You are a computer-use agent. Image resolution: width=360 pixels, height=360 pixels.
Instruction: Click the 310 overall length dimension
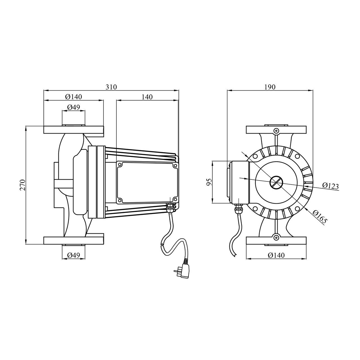click(x=111, y=87)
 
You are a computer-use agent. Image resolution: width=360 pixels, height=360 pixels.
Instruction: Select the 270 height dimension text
click(x=23, y=185)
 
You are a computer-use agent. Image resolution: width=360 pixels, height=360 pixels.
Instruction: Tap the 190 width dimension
click(x=270, y=87)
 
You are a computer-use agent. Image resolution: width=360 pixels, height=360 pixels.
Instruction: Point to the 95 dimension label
click(x=209, y=182)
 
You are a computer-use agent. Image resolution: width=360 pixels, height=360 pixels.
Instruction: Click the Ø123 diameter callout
click(x=330, y=186)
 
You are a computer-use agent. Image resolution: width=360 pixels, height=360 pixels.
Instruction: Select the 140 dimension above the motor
click(x=147, y=97)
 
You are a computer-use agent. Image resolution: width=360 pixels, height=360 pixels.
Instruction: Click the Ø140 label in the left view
click(x=74, y=97)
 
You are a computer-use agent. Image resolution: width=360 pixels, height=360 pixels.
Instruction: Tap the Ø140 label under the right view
click(x=276, y=255)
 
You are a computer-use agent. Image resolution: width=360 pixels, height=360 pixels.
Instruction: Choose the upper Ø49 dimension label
click(x=74, y=107)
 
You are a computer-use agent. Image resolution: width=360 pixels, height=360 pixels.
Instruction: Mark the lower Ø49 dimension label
click(x=74, y=255)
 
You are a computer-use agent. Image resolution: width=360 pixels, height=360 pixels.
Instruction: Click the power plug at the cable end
click(x=183, y=270)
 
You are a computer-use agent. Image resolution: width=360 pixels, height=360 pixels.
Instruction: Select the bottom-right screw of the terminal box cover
click(x=175, y=201)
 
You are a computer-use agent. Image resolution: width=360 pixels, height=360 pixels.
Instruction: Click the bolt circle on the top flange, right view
click(x=276, y=130)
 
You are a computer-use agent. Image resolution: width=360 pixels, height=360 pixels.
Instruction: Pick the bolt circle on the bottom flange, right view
click(x=276, y=238)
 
